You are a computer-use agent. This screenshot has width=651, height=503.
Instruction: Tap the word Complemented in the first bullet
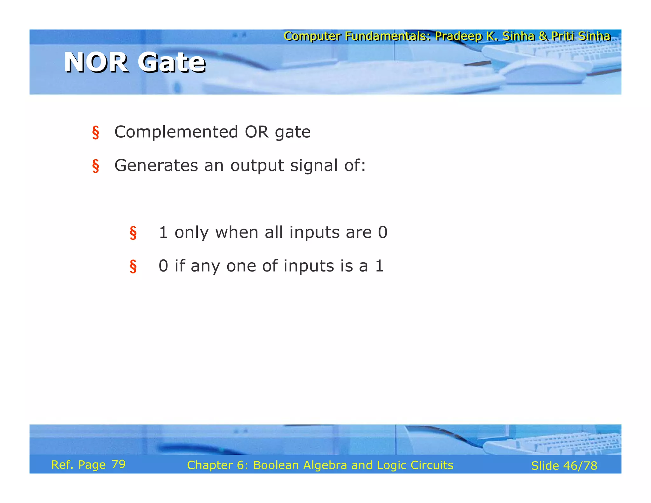point(176,132)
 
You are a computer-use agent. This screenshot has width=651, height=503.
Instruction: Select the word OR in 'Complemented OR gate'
point(257,132)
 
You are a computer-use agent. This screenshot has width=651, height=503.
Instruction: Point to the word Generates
point(156,166)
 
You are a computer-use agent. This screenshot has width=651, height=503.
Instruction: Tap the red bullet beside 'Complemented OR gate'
point(95,133)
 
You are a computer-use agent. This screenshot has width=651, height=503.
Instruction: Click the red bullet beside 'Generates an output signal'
point(95,166)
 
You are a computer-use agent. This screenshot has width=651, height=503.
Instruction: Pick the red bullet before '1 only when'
point(133,233)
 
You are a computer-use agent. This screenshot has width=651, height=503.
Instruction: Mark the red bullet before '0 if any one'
point(133,266)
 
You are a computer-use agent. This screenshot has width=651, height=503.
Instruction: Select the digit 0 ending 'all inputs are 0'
point(383,232)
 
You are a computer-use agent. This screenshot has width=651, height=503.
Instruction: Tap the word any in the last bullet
point(205,266)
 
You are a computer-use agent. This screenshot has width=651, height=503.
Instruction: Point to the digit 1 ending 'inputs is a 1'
point(380,266)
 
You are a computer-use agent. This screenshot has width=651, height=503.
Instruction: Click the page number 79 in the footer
point(119,465)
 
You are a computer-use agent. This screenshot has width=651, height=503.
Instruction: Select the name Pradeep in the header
point(458,36)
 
